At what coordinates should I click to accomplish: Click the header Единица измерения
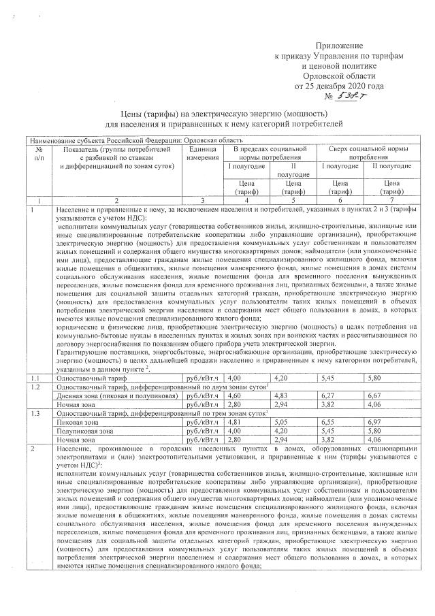pos(202,152)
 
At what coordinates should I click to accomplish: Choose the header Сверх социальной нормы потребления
pos(368,152)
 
